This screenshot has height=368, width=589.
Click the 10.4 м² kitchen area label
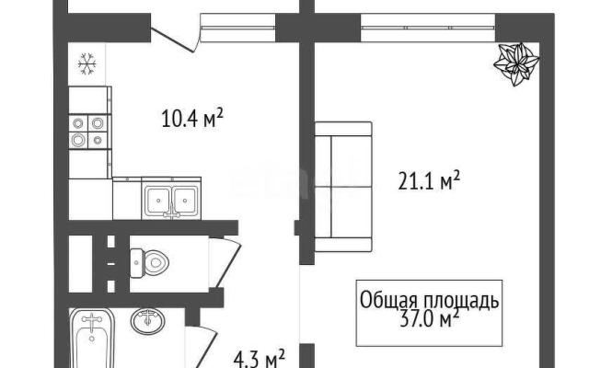pyautogui.click(x=192, y=118)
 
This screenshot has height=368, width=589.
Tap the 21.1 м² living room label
pyautogui.click(x=429, y=181)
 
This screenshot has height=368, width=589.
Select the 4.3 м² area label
pyautogui.click(x=260, y=360)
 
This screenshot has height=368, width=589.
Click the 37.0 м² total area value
pyautogui.click(x=430, y=319)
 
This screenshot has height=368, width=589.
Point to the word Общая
pyautogui.click(x=389, y=301)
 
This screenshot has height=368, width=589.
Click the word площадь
pyautogui.click(x=462, y=301)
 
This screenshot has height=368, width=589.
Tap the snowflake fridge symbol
pyautogui.click(x=87, y=63)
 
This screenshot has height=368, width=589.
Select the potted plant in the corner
pyautogui.click(x=516, y=63)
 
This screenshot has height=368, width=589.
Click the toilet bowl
pyautogui.click(x=149, y=262)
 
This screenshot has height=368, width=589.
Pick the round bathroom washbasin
pyautogui.click(x=147, y=321)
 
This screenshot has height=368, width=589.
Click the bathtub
pyautogui.click(x=92, y=338)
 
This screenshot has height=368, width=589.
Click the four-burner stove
pyautogui.click(x=88, y=132)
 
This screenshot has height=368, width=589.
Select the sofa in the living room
pyautogui.click(x=343, y=187)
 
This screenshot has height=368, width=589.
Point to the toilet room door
pyautogui.click(x=225, y=261)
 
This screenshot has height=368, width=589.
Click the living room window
pyautogui.click(x=428, y=28)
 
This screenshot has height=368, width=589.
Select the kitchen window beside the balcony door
pyautogui.click(x=238, y=28)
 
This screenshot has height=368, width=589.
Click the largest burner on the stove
pyautogui.click(x=78, y=140)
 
